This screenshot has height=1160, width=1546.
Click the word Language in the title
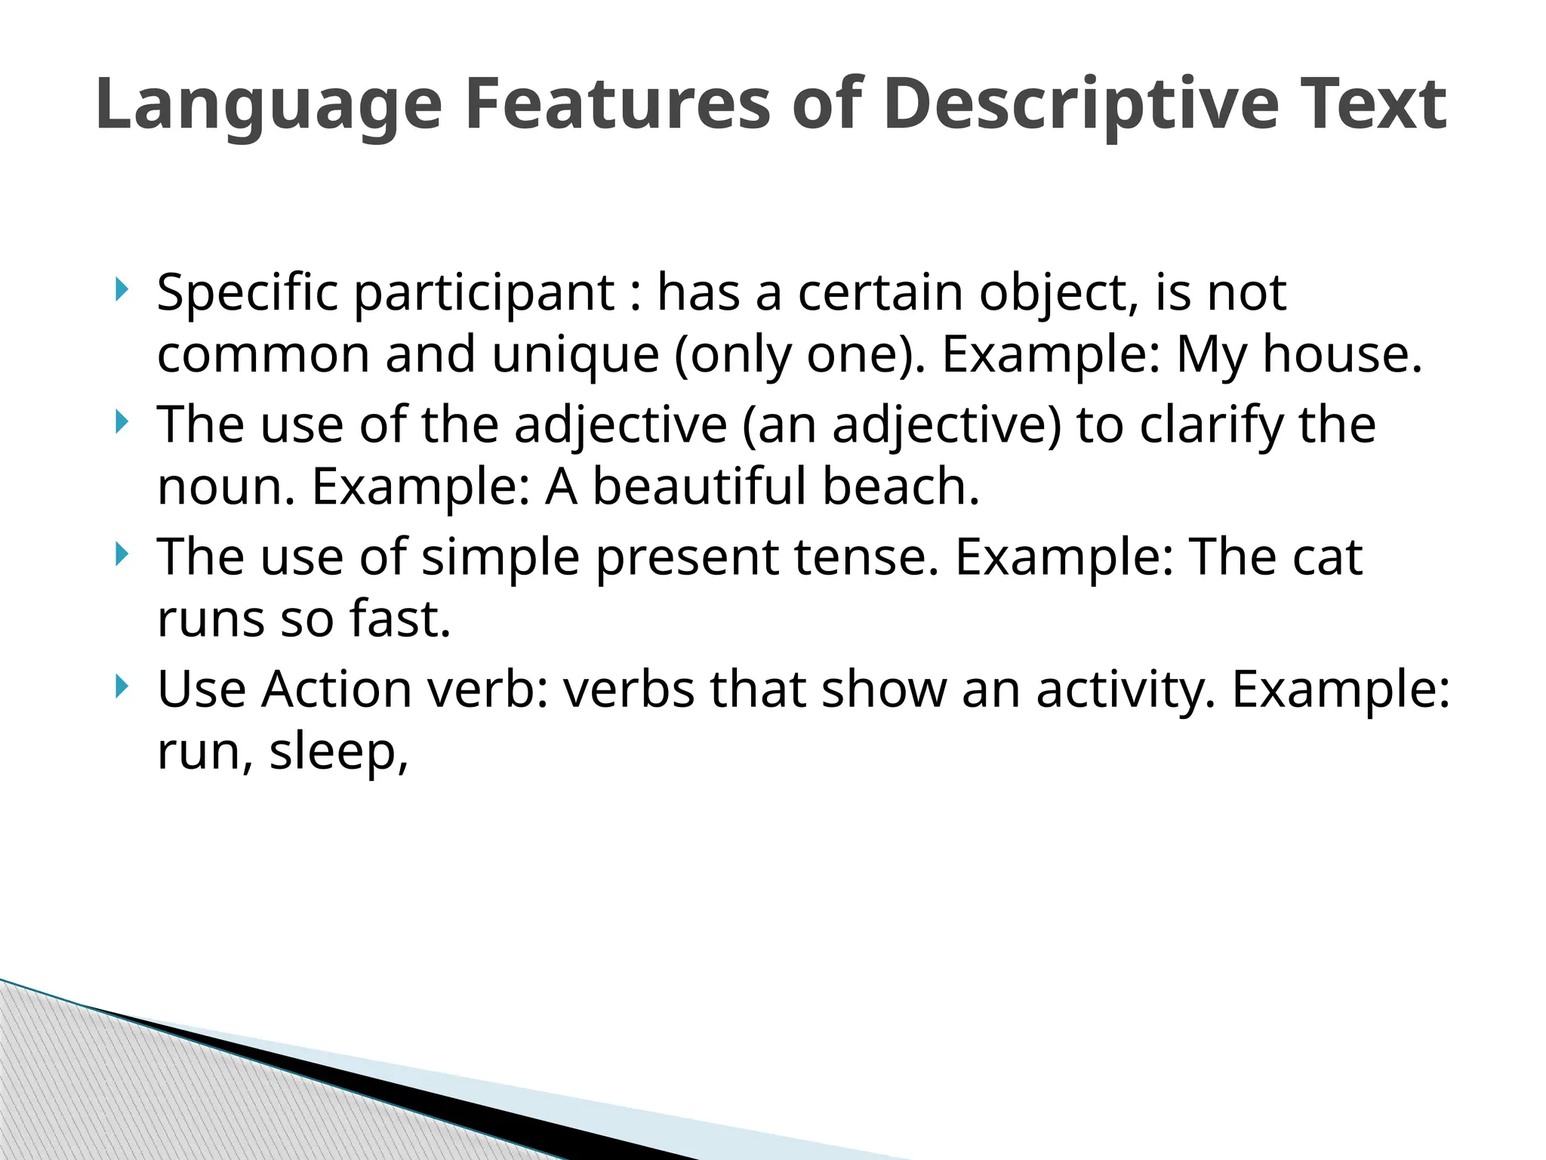click(269, 106)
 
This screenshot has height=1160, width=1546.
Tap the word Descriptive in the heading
click(1080, 106)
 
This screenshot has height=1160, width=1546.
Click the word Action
click(336, 690)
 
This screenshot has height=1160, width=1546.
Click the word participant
click(484, 293)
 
